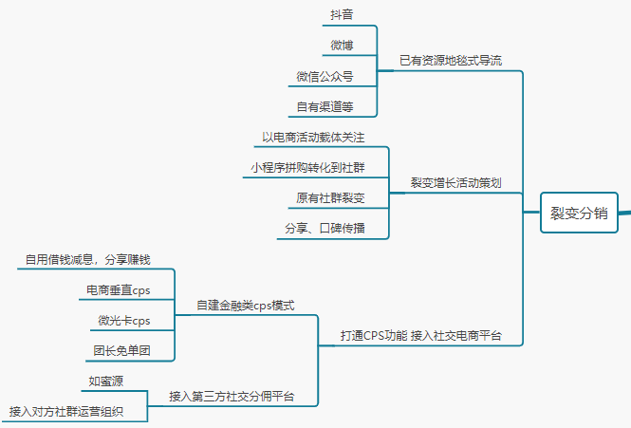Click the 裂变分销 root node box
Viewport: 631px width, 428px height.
(x=579, y=213)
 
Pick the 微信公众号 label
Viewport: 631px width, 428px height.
(x=325, y=76)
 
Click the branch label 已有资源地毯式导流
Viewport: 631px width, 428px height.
(x=451, y=60)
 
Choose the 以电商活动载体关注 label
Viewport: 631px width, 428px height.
(x=313, y=137)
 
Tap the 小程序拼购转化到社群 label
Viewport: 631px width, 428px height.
(x=306, y=167)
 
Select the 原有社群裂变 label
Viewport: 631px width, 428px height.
(x=329, y=197)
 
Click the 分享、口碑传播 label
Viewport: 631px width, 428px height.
(x=324, y=228)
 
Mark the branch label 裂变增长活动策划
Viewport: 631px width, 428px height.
(x=455, y=181)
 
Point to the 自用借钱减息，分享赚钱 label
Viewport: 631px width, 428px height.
(x=87, y=259)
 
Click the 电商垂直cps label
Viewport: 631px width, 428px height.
(x=118, y=289)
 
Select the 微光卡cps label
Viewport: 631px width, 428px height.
(x=123, y=320)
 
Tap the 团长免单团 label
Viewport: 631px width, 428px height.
(x=121, y=350)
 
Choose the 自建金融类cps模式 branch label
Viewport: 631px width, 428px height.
(x=246, y=305)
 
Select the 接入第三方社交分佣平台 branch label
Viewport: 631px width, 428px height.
(x=232, y=396)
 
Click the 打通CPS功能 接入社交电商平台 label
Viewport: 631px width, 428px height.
(x=420, y=336)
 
